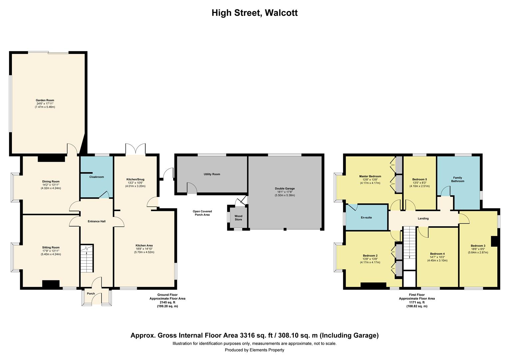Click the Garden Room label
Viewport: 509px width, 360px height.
point(45,100)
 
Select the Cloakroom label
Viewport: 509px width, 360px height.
point(97,177)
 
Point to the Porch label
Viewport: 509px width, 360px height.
point(91,294)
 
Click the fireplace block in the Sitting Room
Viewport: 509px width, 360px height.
point(51,284)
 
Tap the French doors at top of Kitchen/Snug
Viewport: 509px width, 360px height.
point(136,149)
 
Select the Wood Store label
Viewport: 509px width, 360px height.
point(239,218)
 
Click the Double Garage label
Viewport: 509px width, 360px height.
point(285,188)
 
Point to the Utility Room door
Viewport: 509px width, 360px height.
point(192,188)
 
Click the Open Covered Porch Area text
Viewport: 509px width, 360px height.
point(202,213)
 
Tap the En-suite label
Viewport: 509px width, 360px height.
point(366,218)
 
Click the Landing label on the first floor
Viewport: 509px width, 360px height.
point(423,219)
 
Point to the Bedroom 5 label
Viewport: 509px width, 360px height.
point(419,179)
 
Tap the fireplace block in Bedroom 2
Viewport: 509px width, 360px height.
point(373,285)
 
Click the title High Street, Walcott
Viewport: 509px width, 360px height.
point(254,13)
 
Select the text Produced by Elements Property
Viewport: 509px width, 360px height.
point(254,350)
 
